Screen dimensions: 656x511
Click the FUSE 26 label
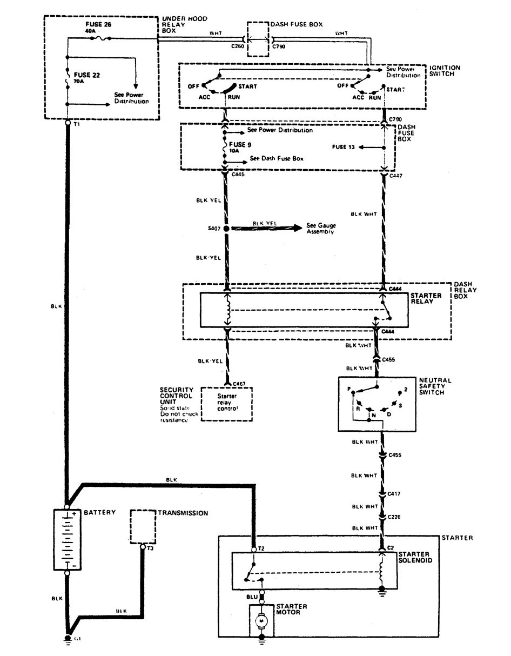click(98, 25)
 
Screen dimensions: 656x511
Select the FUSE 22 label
click(86, 75)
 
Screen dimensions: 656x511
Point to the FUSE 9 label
click(240, 145)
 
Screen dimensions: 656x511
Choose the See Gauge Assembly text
click(321, 228)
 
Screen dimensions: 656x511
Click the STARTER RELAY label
click(426, 299)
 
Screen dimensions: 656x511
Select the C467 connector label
click(238, 384)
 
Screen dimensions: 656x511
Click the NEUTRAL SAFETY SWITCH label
click(434, 387)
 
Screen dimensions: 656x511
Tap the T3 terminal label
click(150, 547)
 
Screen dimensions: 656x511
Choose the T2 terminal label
click(261, 548)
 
